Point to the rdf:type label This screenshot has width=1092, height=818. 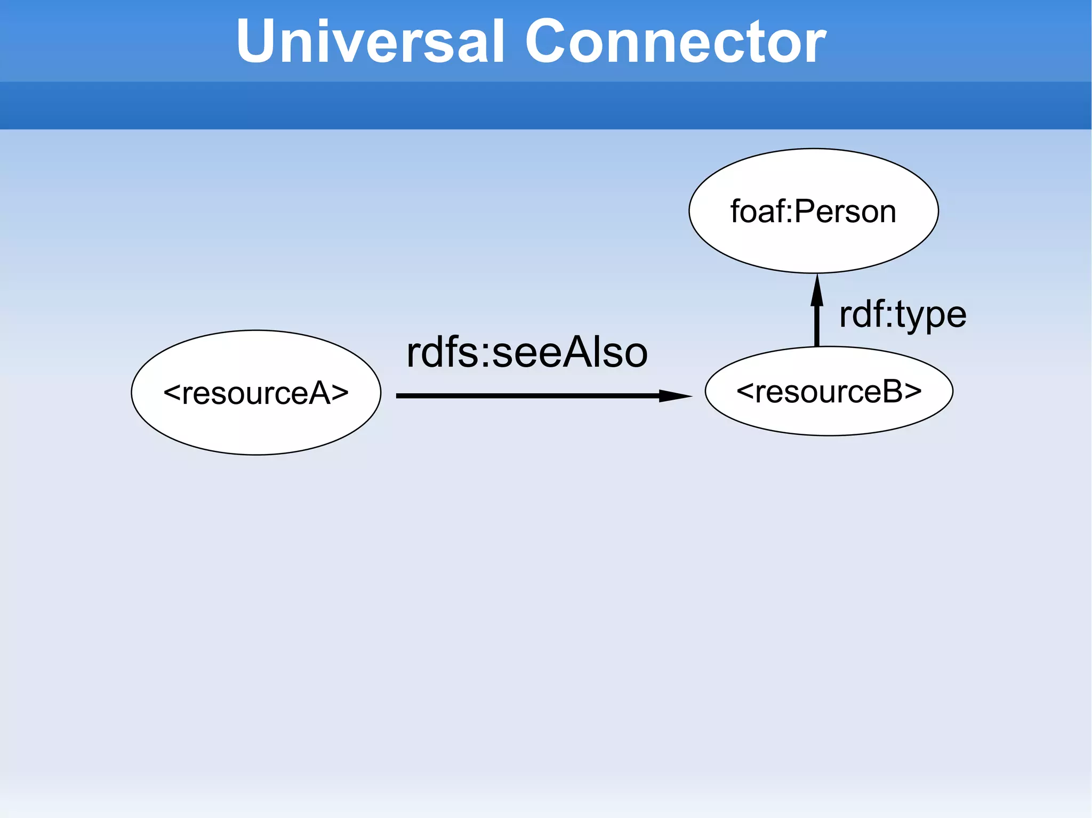(902, 314)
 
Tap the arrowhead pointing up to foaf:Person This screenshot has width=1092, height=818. (817, 290)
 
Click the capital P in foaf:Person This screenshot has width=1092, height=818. (805, 211)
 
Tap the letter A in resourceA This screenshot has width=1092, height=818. (320, 393)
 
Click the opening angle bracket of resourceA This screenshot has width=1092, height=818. (172, 393)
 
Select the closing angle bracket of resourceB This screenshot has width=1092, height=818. (913, 392)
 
